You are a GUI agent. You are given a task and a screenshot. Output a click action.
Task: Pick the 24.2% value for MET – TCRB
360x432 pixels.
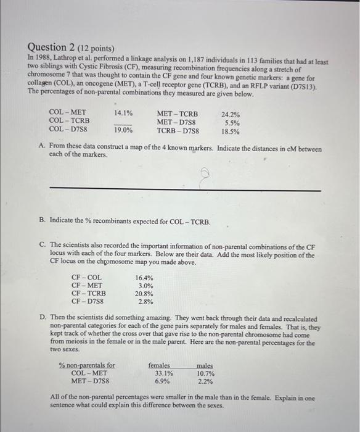click(x=231, y=114)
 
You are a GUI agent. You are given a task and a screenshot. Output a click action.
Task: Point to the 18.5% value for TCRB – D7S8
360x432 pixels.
click(x=231, y=131)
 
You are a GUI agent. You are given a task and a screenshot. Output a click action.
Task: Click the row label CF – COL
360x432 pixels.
click(x=87, y=278)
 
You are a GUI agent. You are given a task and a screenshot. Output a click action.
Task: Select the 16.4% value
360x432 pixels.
click(x=144, y=278)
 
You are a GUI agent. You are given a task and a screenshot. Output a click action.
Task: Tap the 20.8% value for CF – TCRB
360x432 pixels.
click(x=144, y=294)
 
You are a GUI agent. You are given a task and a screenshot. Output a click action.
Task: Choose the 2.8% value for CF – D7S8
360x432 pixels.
click(x=145, y=302)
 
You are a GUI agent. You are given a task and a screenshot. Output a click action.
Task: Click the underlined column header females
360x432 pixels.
click(x=159, y=365)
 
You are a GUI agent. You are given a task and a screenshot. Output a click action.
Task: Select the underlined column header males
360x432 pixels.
click(x=204, y=365)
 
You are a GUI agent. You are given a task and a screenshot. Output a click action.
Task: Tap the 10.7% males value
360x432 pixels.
click(x=205, y=373)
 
